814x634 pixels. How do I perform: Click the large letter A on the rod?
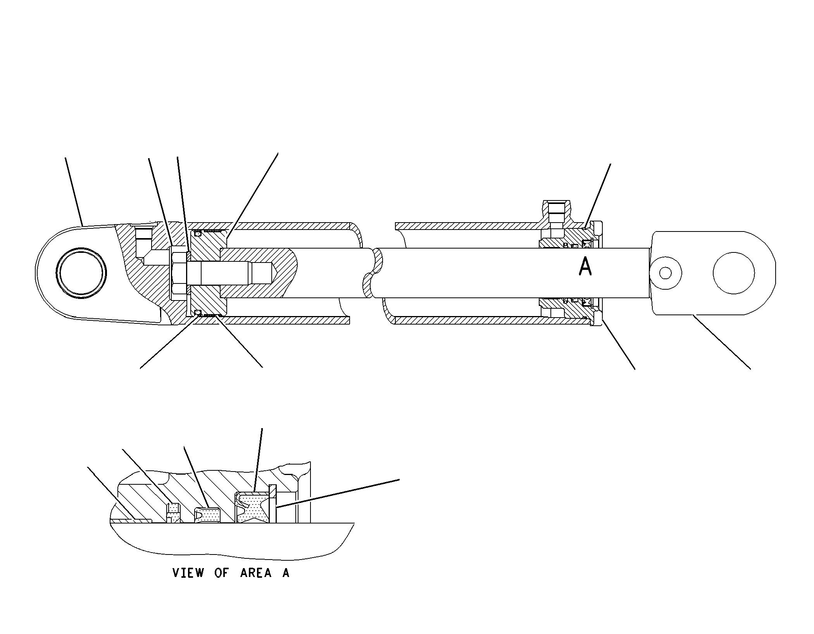click(x=585, y=267)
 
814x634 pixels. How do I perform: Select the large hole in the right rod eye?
click(x=734, y=273)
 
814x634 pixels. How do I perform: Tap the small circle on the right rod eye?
click(x=666, y=273)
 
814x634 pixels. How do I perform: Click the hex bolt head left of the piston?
click(x=179, y=273)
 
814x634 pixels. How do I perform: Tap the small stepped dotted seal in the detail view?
click(x=173, y=512)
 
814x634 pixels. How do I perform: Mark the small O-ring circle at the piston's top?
click(x=198, y=233)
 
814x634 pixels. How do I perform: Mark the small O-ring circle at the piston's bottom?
click(x=198, y=312)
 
